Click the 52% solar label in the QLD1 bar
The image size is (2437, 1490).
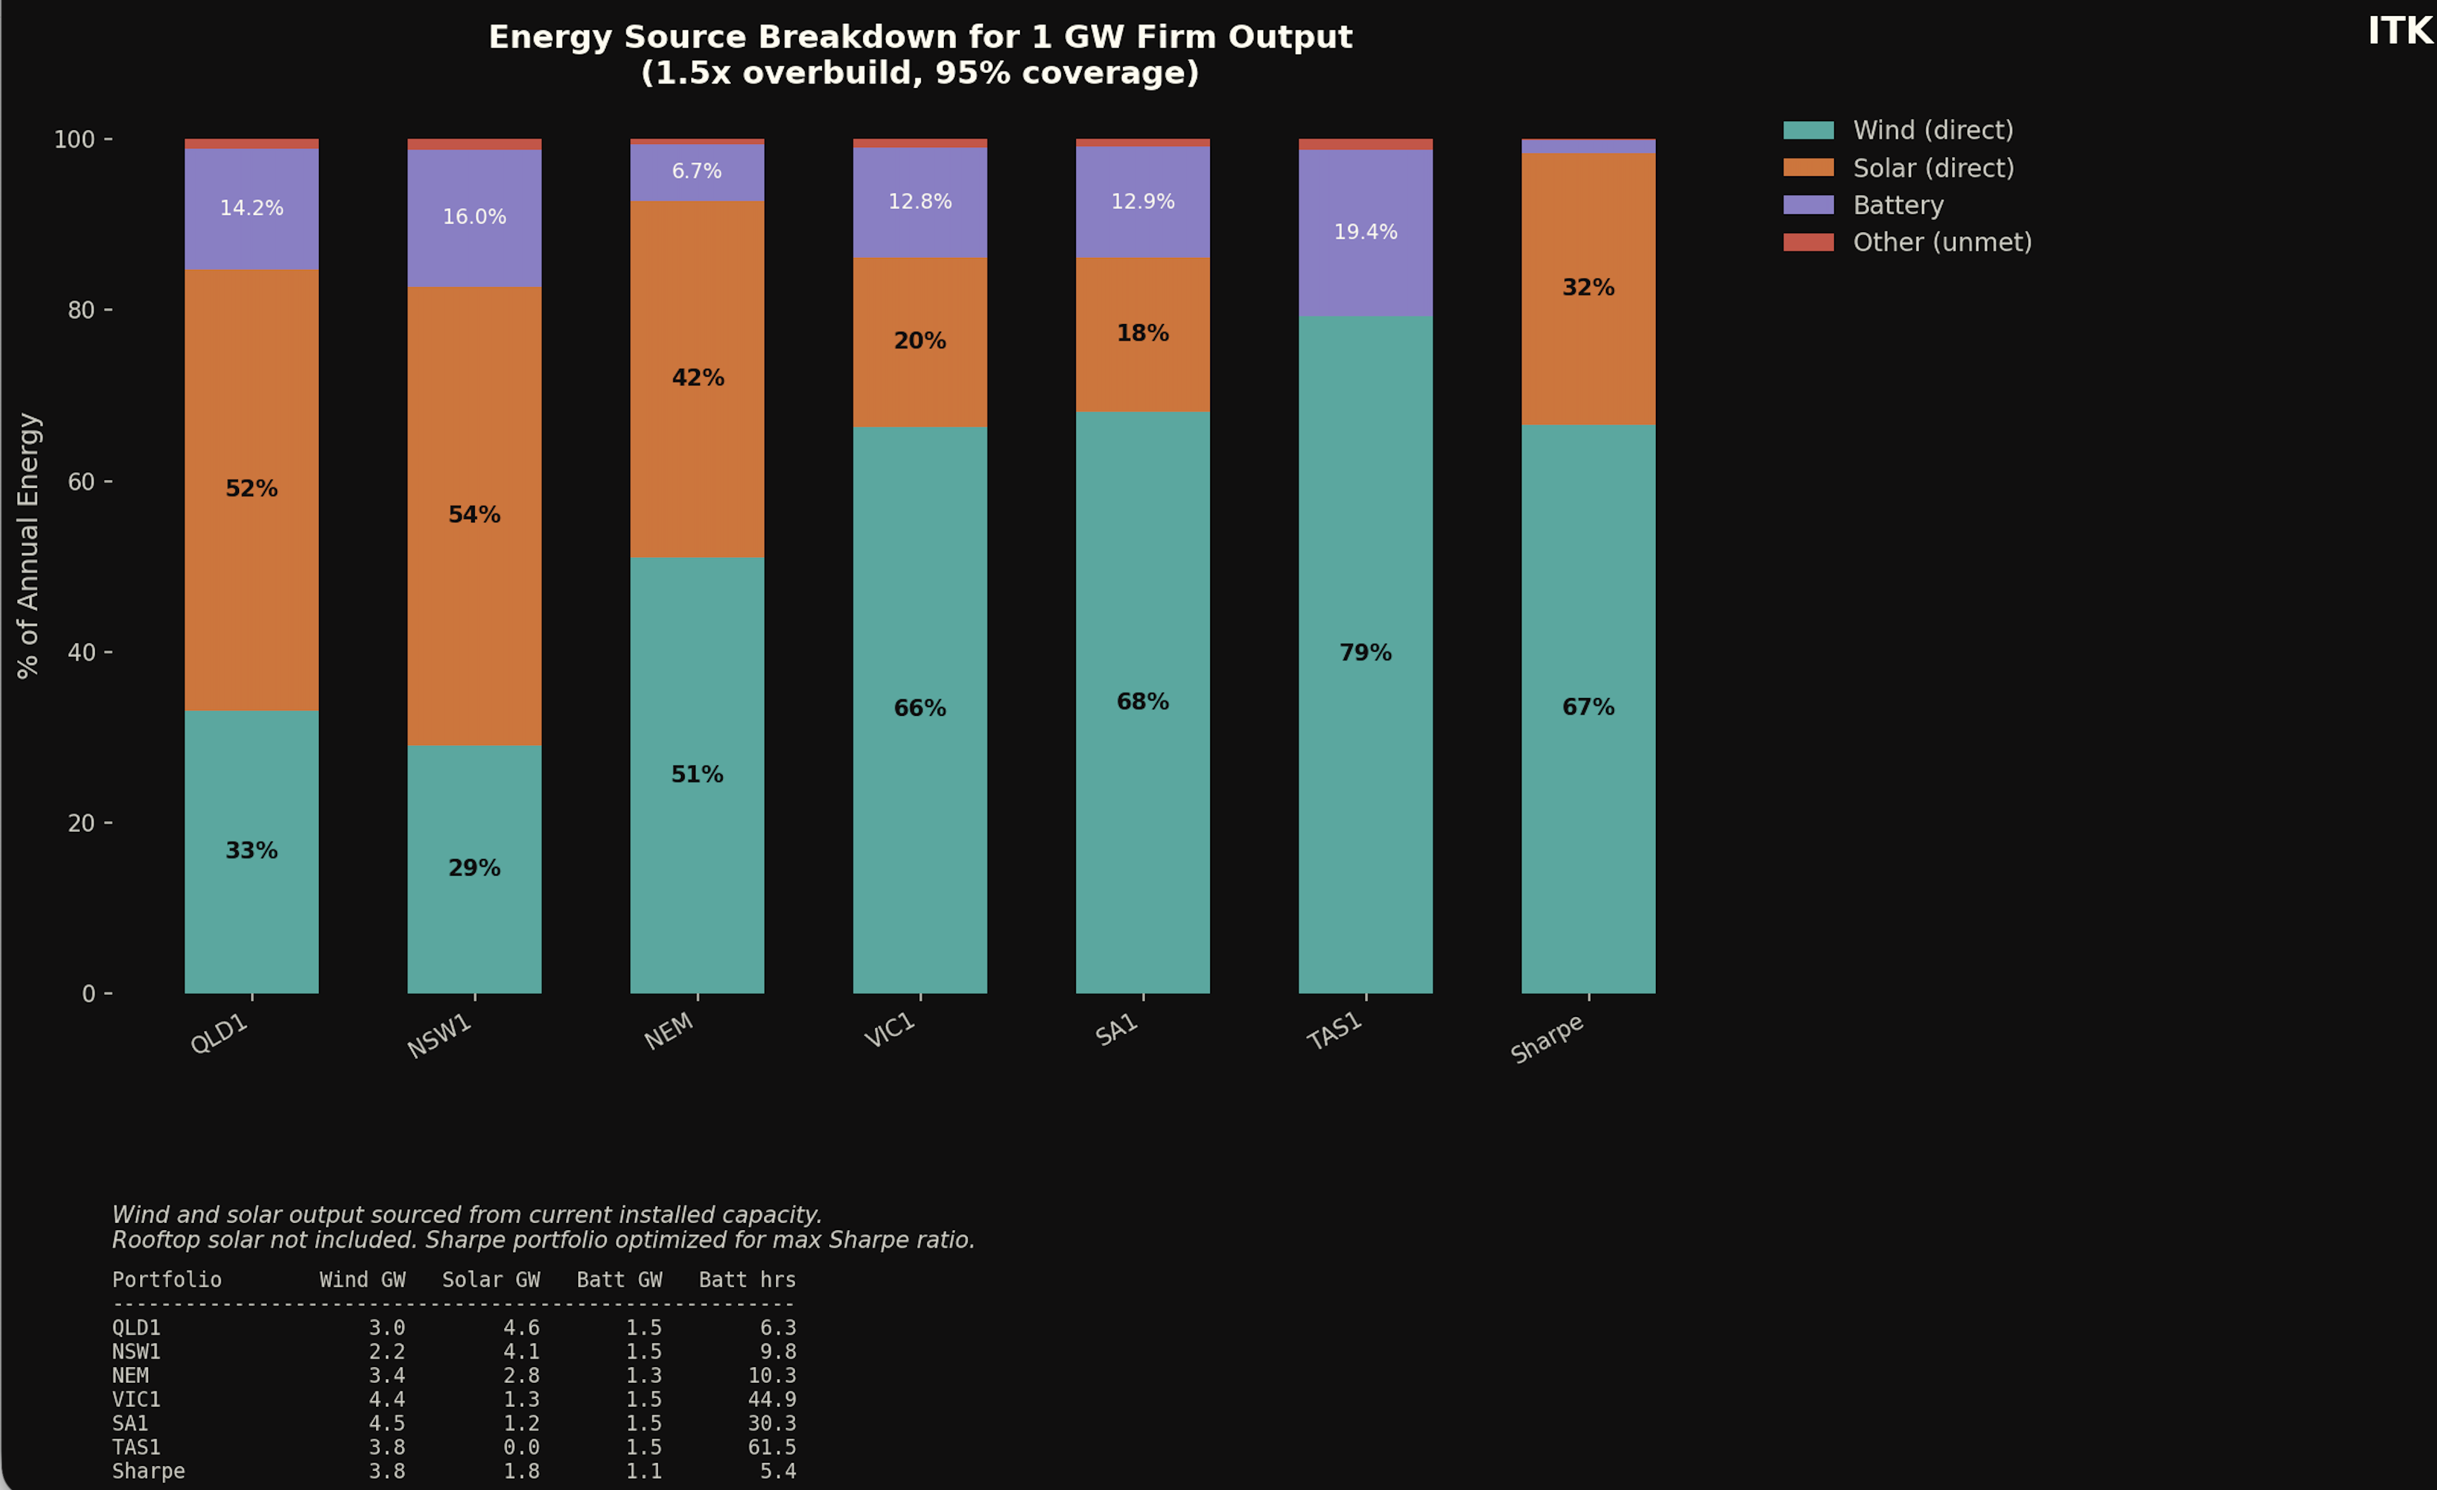tap(251, 489)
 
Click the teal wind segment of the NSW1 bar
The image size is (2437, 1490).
tap(474, 930)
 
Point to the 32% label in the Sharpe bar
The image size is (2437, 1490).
tap(1587, 288)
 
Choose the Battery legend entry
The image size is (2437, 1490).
tap(1897, 205)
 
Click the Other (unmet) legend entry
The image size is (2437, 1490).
tap(1941, 242)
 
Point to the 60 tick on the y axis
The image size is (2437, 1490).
tap(81, 482)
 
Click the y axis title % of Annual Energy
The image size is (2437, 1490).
tap(28, 545)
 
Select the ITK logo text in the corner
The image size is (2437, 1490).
tap(2398, 32)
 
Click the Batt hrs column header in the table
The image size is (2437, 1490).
tap(747, 1279)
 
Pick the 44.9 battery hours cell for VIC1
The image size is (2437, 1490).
tap(772, 1399)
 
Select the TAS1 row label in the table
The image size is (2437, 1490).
tap(136, 1446)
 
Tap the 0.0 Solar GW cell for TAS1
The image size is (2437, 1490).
tap(521, 1446)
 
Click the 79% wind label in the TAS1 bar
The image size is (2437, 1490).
tap(1365, 653)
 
